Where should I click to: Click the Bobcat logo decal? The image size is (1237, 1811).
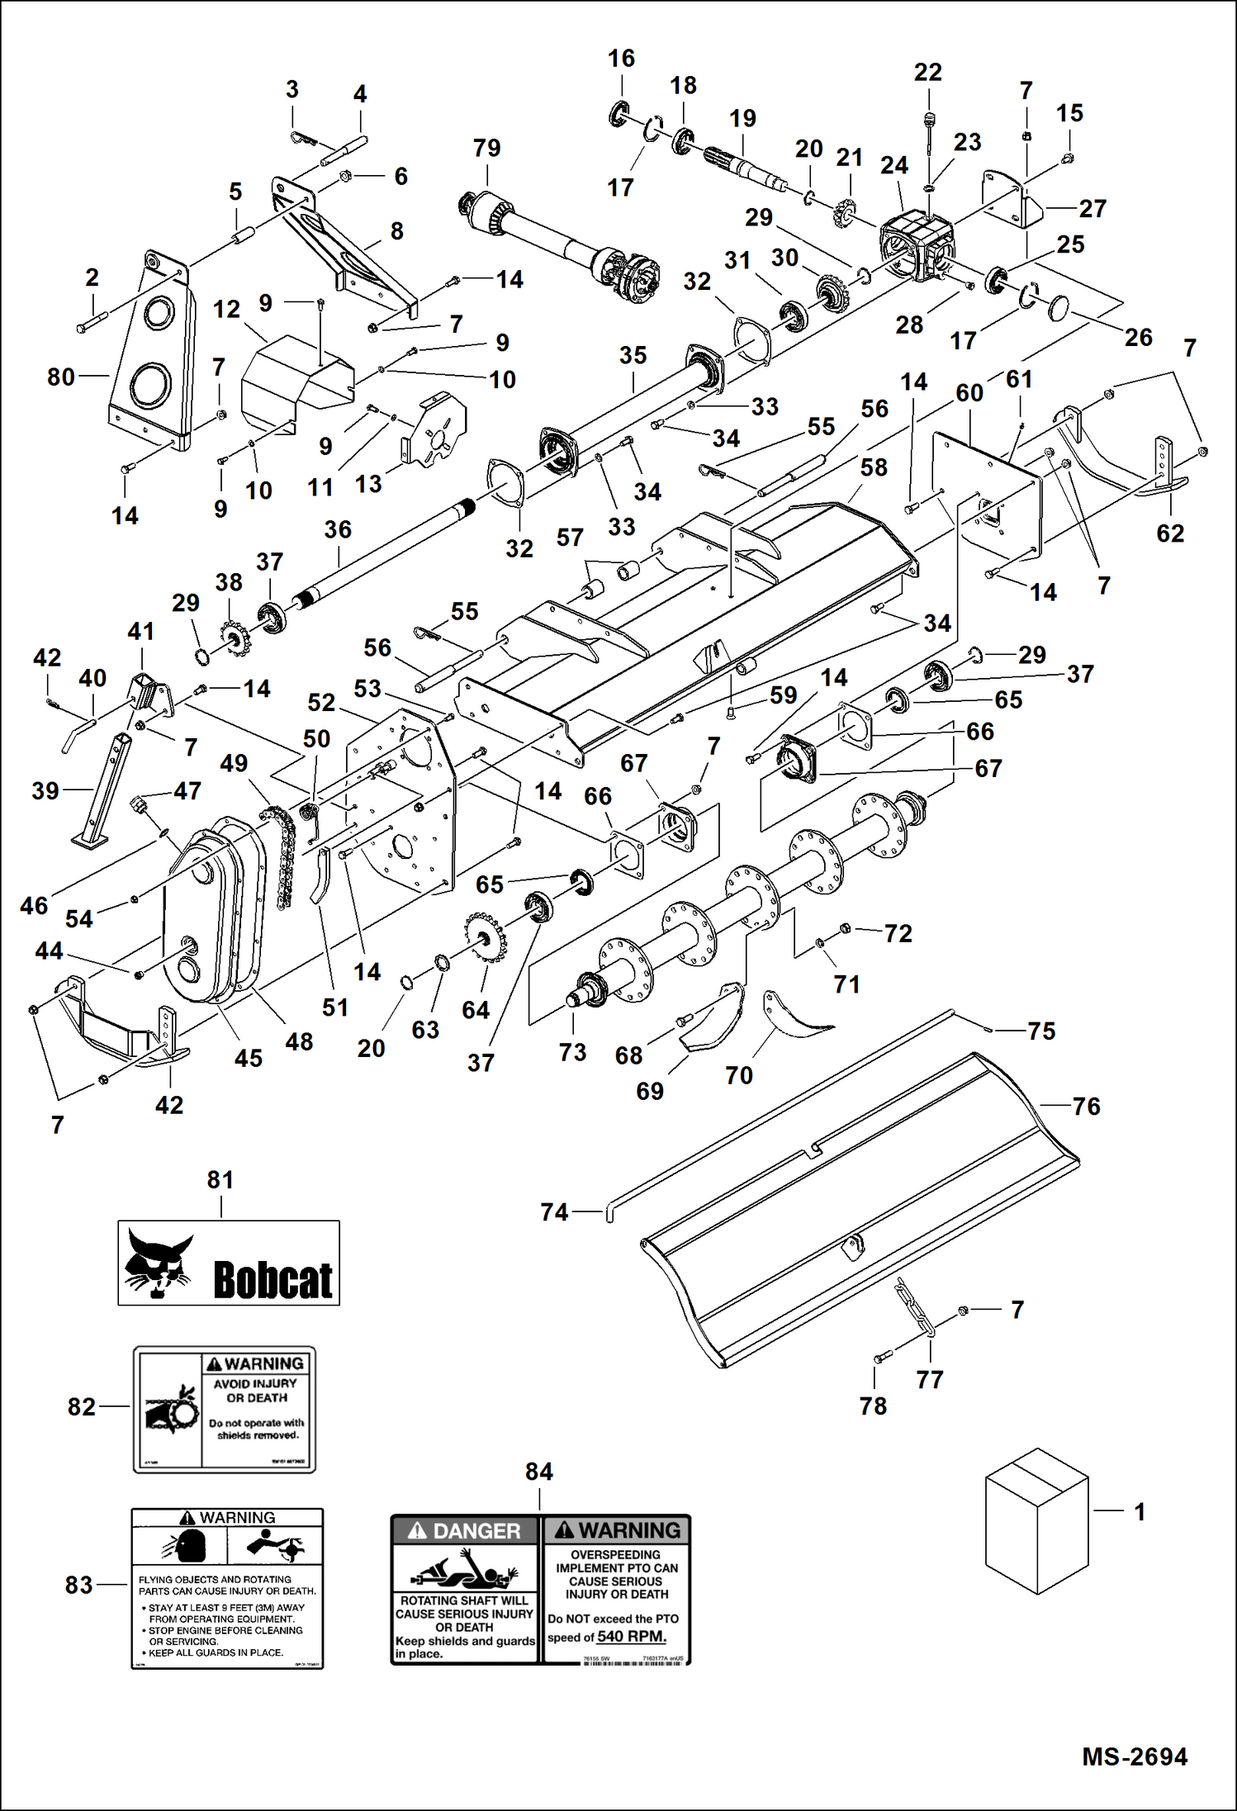[228, 1263]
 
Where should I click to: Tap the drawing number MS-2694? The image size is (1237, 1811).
[1134, 1756]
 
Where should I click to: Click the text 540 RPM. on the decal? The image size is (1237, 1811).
[632, 1637]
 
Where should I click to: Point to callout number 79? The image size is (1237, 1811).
[486, 148]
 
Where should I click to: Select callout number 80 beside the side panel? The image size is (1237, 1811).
[61, 377]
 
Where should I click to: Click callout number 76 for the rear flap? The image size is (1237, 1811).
[1086, 1106]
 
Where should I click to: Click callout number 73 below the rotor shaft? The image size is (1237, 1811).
[572, 1052]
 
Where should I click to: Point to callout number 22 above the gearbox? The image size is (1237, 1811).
[927, 72]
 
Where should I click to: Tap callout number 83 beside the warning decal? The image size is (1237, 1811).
[79, 1585]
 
